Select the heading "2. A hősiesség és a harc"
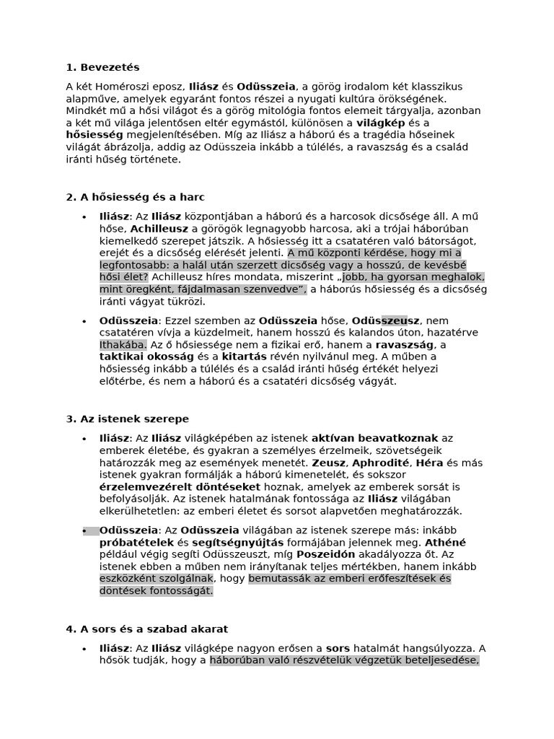tap(135, 197)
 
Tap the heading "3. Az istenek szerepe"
tap(127, 419)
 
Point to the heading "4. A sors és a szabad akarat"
tap(146, 629)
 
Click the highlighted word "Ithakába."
tap(123, 344)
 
